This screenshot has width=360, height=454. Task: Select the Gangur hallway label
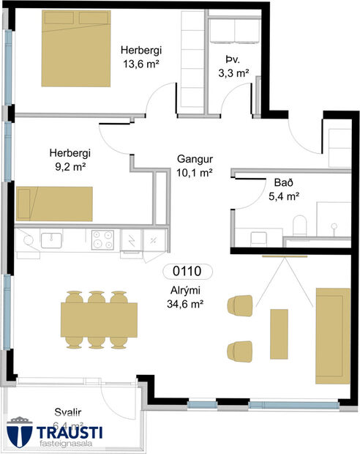click(195, 159)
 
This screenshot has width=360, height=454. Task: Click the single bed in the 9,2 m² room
click(55, 204)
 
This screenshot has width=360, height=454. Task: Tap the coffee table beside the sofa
click(280, 334)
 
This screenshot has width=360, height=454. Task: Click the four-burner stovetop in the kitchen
click(102, 239)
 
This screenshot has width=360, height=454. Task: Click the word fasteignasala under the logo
click(70, 442)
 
